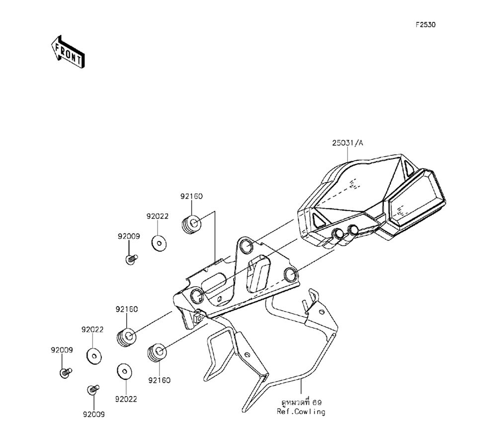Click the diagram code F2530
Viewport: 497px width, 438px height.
(x=425, y=24)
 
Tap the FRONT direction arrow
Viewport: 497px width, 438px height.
(x=67, y=51)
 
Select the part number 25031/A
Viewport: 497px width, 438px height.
(x=348, y=143)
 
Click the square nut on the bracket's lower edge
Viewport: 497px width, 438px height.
(x=198, y=316)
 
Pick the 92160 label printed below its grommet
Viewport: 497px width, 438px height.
(x=159, y=380)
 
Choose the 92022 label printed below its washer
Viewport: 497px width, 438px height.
(x=126, y=399)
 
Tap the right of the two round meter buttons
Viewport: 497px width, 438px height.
(x=353, y=229)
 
